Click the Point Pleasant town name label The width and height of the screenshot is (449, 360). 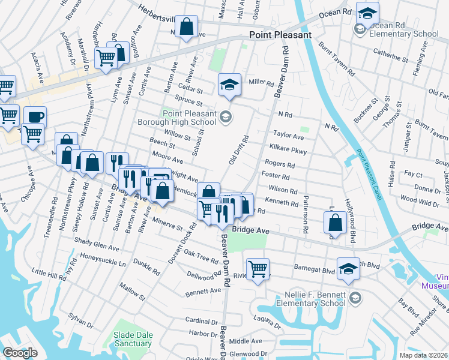click(280, 35)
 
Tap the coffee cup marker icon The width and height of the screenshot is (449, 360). click(35, 116)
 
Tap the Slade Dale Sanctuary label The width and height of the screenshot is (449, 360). click(133, 339)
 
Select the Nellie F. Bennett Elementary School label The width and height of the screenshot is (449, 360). click(315, 299)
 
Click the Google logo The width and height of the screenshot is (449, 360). click(20, 353)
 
